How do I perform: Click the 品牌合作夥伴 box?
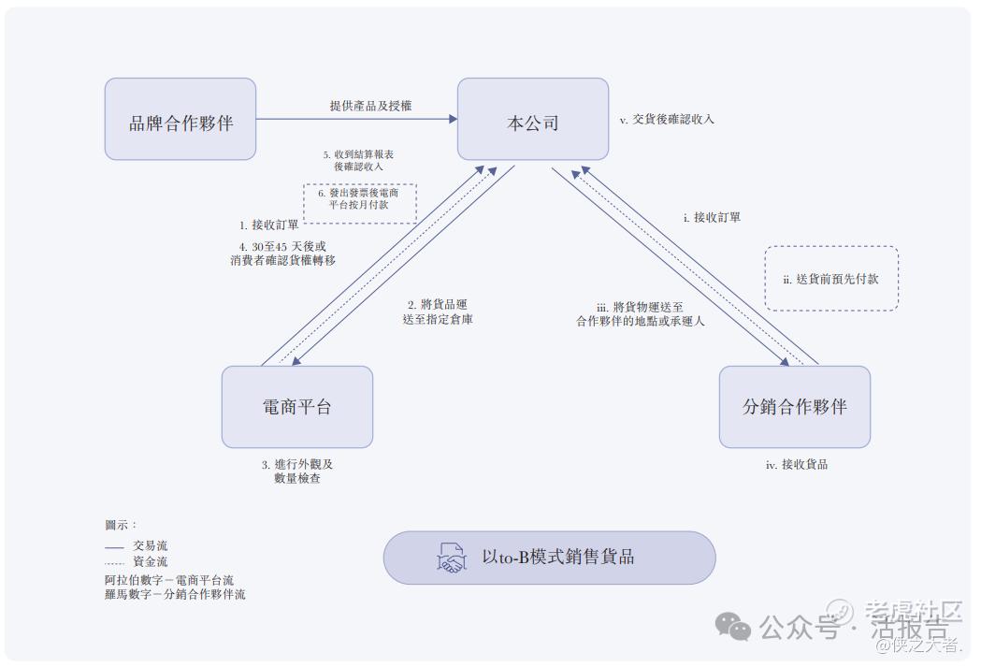coord(180,119)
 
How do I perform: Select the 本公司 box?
coord(533,119)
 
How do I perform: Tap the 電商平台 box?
coord(297,407)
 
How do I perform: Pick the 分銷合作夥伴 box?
coord(795,407)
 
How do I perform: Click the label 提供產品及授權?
coord(370,106)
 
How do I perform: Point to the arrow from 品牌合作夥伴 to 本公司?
coord(356,119)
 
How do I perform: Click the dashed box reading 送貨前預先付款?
coord(831,279)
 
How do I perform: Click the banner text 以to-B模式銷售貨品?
coord(558,558)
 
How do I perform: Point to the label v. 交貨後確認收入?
coord(667,120)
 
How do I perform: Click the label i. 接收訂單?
coord(712,217)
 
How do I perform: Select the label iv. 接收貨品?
coord(796,464)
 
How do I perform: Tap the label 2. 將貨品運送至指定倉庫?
coord(440,312)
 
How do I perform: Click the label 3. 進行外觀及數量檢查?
coord(297,471)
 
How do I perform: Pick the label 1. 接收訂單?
coord(269,225)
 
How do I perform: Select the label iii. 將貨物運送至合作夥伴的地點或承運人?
coord(640,312)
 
